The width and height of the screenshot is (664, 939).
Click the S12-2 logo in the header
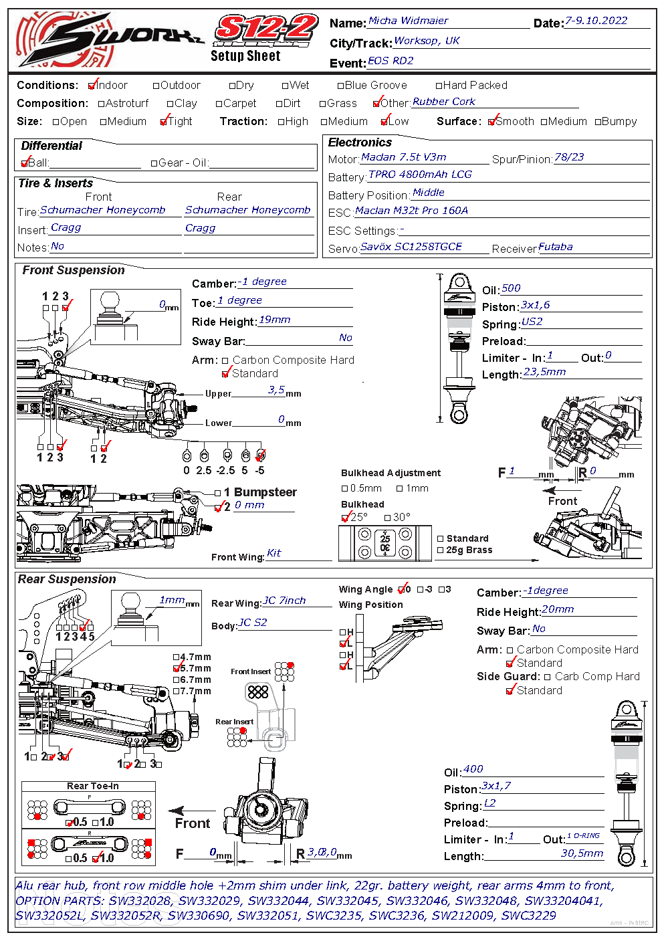click(x=266, y=30)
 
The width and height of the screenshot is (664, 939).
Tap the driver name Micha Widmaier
click(x=408, y=21)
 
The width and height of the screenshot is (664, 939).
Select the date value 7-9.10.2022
click(x=596, y=21)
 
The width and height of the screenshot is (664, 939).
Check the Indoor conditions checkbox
click(x=92, y=86)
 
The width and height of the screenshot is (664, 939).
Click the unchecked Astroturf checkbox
click(x=102, y=104)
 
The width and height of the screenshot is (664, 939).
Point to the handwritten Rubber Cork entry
click(x=444, y=102)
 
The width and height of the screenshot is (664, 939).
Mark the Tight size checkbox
click(x=164, y=122)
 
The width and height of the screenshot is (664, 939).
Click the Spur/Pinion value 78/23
click(x=569, y=157)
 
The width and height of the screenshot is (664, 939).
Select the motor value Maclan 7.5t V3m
click(x=403, y=157)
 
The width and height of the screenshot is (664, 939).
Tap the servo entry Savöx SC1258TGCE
click(x=411, y=247)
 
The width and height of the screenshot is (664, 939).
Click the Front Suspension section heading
click(x=74, y=270)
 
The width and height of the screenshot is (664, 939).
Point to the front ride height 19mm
click(x=274, y=320)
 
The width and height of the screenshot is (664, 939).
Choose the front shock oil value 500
click(x=511, y=288)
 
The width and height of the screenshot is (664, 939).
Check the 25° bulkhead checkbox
click(x=345, y=518)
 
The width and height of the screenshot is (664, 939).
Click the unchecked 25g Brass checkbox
click(x=441, y=550)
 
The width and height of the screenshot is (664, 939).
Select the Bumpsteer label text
click(x=265, y=492)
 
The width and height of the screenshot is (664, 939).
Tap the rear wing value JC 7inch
click(x=284, y=601)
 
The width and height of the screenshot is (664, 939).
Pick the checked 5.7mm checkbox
click(x=177, y=668)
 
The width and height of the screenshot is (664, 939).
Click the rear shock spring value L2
click(x=490, y=803)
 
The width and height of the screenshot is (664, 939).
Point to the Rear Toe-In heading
click(x=93, y=786)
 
